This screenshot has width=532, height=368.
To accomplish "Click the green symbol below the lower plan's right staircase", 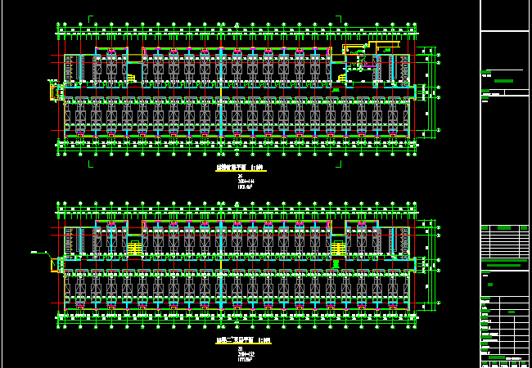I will [336, 263].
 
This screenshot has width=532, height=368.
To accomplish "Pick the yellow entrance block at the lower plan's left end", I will [56, 264].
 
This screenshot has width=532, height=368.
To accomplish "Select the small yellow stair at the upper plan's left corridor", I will [130, 79].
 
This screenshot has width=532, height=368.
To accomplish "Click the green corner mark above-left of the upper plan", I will [90, 17].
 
